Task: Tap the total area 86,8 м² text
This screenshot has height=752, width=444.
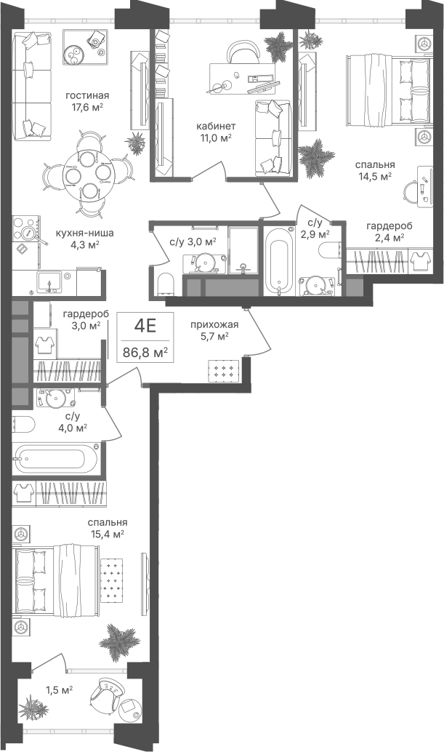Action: tap(145, 353)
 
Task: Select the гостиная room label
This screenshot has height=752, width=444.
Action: tap(87, 95)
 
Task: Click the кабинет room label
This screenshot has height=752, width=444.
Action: tap(216, 126)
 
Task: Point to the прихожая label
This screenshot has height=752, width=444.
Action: tap(214, 324)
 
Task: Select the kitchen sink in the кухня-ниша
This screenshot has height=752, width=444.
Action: tap(50, 281)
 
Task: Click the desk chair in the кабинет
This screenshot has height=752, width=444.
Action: tap(243, 52)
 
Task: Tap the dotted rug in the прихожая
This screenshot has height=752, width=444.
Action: tap(224, 371)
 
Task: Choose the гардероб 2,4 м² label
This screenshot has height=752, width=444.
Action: tap(389, 231)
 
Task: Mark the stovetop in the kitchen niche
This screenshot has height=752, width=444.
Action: tap(26, 230)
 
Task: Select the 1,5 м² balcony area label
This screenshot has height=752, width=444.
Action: tap(59, 690)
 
